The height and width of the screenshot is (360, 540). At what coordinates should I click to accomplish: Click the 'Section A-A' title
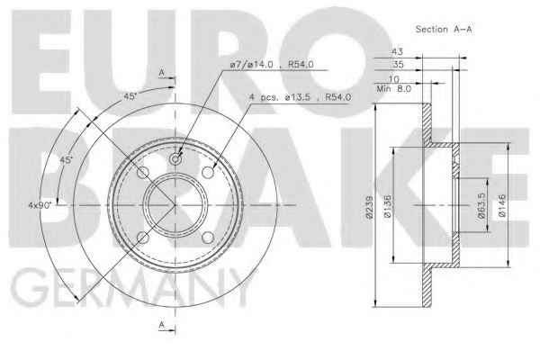pyautogui.click(x=444, y=30)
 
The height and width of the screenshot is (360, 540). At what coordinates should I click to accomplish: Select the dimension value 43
pyautogui.click(x=397, y=51)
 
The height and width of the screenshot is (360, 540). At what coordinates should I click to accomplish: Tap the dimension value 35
pyautogui.click(x=398, y=65)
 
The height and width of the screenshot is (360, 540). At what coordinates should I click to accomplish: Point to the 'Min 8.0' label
pyautogui.click(x=393, y=89)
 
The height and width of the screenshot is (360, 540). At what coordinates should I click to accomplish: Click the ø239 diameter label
pyautogui.click(x=370, y=207)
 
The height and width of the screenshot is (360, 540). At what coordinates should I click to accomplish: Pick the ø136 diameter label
pyautogui.click(x=387, y=207)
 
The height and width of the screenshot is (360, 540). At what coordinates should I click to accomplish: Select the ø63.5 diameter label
pyautogui.click(x=481, y=205)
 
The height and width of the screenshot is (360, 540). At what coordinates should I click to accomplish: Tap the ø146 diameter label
pyautogui.click(x=502, y=206)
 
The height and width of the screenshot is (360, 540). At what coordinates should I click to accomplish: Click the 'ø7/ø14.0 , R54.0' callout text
pyautogui.click(x=272, y=65)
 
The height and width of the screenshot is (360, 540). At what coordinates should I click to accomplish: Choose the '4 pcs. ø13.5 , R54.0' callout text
pyautogui.click(x=300, y=97)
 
